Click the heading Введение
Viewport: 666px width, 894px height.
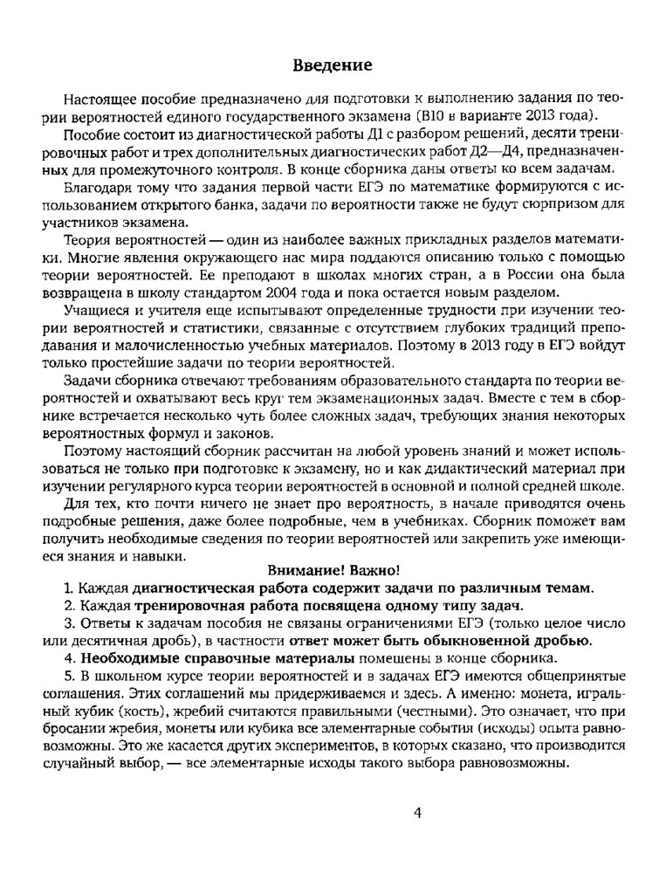333,65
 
